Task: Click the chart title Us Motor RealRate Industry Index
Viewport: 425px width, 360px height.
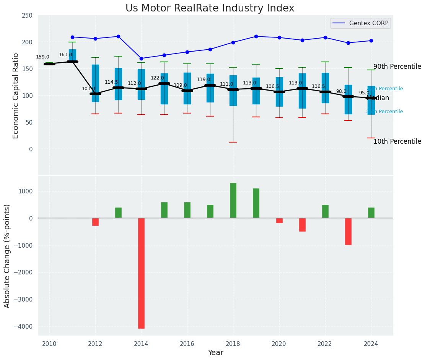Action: point(210,8)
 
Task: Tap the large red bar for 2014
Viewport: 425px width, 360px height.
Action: point(141,273)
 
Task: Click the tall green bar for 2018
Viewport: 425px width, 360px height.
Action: point(233,200)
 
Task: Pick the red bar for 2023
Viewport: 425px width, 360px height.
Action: point(348,231)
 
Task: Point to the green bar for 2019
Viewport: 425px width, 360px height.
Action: point(256,203)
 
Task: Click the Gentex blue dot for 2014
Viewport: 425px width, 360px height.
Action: point(141,58)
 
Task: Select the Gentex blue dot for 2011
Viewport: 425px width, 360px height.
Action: point(72,37)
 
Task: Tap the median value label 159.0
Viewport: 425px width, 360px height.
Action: point(42,57)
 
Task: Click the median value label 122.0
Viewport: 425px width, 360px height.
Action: point(157,78)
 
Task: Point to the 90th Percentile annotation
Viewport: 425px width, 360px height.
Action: point(397,66)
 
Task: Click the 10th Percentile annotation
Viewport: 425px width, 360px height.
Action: point(397,141)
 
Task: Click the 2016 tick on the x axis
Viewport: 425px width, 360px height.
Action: point(187,344)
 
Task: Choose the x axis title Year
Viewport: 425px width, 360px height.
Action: point(215,353)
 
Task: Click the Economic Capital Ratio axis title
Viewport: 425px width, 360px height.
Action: point(16,96)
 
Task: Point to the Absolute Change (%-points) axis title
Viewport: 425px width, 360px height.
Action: point(7,256)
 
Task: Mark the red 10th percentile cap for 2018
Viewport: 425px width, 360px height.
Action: point(233,142)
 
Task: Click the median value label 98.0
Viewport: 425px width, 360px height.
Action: point(341,91)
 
